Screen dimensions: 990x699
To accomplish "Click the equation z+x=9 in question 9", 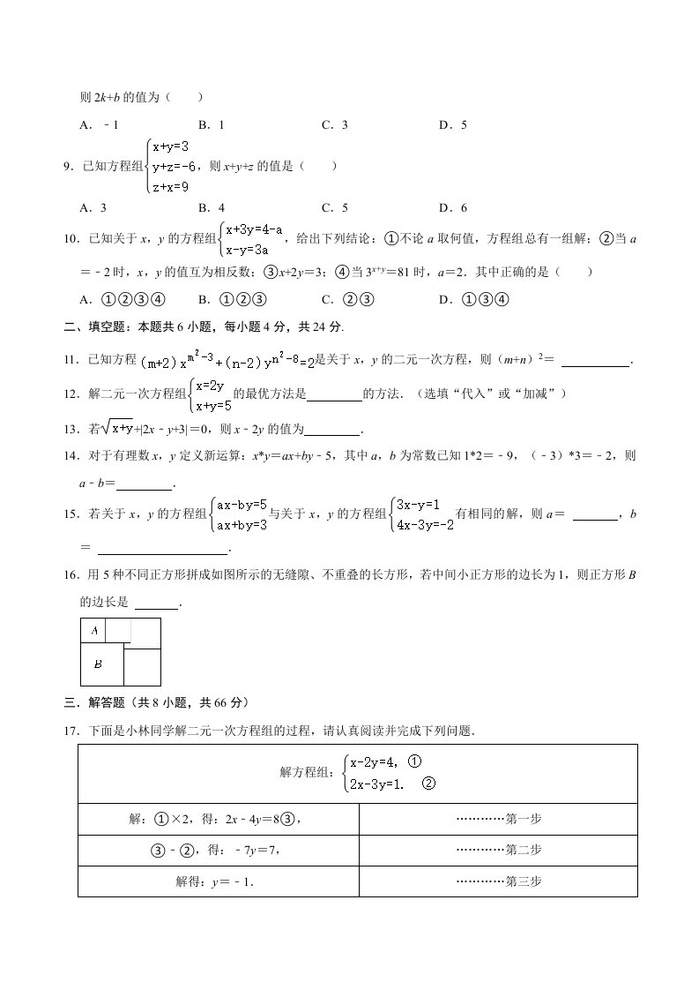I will [170, 187].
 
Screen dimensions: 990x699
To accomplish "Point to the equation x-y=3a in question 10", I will [253, 250].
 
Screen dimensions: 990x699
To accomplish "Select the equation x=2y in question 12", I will [210, 385].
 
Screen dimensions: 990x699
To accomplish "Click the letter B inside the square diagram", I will [98, 664].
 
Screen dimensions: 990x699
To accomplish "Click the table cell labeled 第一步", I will [498, 819].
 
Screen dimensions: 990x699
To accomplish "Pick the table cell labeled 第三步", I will [498, 881].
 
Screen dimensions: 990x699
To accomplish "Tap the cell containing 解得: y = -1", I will [219, 881].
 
